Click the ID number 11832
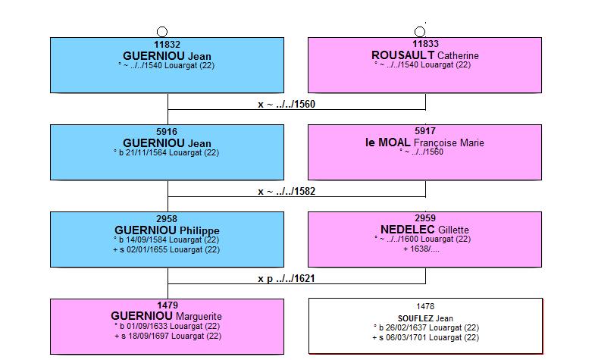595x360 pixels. point(167,45)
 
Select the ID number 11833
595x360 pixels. point(425,44)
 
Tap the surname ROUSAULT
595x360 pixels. point(402,55)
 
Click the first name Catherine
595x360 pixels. point(458,56)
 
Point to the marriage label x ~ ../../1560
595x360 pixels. point(287,104)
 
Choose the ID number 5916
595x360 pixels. point(167,132)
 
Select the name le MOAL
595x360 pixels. point(388,142)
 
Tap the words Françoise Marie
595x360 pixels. point(449,143)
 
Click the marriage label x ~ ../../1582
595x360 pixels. point(287,191)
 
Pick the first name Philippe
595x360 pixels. point(199,230)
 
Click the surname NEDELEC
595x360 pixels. point(408,230)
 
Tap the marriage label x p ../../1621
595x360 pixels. point(287,278)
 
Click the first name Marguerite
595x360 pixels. point(199,316)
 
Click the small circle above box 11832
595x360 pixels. point(162,27)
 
